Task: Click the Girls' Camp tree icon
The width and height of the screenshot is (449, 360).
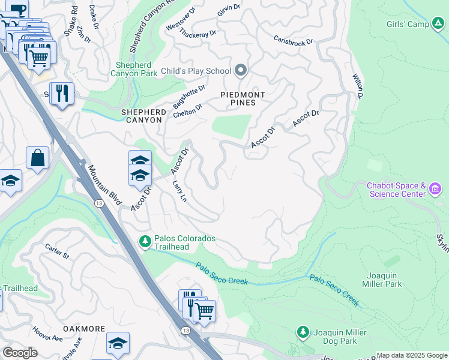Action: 439,25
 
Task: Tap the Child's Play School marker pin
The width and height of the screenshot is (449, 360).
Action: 241,71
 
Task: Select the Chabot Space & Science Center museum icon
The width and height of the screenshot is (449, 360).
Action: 436,190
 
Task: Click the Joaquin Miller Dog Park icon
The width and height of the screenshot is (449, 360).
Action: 303,332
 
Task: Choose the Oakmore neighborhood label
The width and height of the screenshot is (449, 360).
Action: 84,329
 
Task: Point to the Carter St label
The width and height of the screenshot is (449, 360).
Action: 57,251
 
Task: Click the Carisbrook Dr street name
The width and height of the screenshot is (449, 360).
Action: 294,43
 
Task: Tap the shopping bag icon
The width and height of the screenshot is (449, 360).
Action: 37,158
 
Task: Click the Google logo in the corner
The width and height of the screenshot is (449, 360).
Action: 20,353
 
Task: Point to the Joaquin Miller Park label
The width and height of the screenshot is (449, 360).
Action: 382,280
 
